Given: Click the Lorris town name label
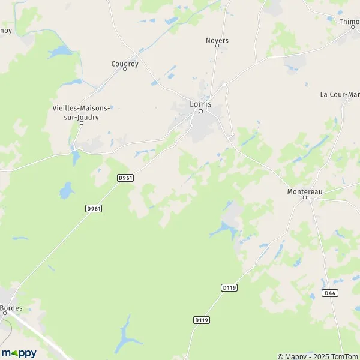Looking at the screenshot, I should pyautogui.click(x=200, y=103).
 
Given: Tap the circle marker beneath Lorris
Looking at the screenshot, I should pyautogui.click(x=201, y=111).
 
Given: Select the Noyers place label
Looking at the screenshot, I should pyautogui.click(x=217, y=41).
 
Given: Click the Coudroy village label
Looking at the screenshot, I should pyautogui.click(x=125, y=62).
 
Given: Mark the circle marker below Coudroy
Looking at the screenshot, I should pyautogui.click(x=125, y=69).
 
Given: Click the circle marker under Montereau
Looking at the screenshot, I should pyautogui.click(x=304, y=197).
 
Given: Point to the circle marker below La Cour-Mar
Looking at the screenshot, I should pyautogui.click(x=347, y=100).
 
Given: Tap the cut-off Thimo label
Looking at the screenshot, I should pyautogui.click(x=349, y=22).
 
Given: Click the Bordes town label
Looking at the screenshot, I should pyautogui.click(x=11, y=308).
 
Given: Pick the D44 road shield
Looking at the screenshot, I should pyautogui.click(x=329, y=293).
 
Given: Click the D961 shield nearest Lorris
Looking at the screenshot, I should pyautogui.click(x=125, y=178).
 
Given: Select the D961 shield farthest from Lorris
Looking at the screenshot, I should pyautogui.click(x=93, y=208).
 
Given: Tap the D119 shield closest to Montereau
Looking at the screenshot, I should pyautogui.click(x=229, y=288).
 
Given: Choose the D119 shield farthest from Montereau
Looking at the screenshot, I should pyautogui.click(x=201, y=320).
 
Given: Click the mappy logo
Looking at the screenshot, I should pyautogui.click(x=19, y=353).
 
